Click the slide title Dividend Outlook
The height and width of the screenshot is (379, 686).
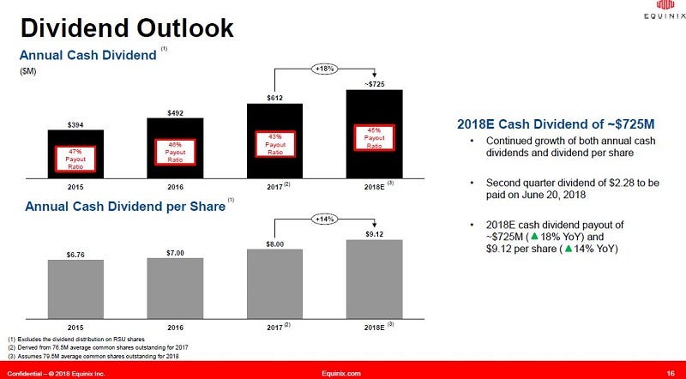[x=127, y=27]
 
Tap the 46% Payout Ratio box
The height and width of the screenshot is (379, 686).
[x=175, y=153]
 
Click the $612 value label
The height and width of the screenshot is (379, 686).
[x=274, y=98]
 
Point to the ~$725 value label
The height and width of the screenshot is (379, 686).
[x=374, y=84]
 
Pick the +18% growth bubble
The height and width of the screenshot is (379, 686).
[x=324, y=69]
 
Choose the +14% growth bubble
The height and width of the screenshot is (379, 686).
[x=324, y=219]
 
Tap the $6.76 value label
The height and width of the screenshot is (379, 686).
[x=75, y=254]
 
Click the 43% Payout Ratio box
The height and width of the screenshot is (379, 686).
[x=274, y=143]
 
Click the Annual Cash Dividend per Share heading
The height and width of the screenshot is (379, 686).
[x=124, y=207]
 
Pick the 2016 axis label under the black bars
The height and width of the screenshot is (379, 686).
[x=175, y=185]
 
